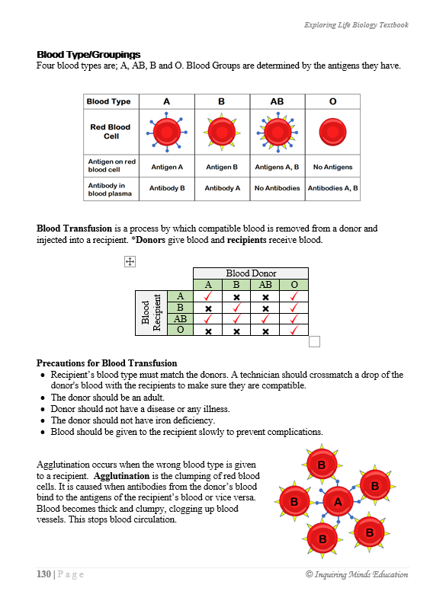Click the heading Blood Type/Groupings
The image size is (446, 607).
click(88, 55)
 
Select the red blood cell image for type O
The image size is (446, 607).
click(332, 133)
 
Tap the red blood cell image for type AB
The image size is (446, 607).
click(278, 133)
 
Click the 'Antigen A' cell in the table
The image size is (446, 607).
click(167, 167)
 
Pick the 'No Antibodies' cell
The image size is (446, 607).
click(278, 187)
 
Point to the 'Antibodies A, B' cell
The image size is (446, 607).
click(332, 187)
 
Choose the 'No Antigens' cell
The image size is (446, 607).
click(332, 167)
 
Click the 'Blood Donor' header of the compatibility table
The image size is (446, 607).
click(251, 273)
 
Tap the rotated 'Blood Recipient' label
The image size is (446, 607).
click(150, 312)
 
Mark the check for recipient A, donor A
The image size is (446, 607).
click(208, 296)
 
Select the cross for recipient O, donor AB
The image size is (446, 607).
click(265, 331)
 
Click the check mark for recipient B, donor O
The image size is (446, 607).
click(294, 308)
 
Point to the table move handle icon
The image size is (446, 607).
click(129, 261)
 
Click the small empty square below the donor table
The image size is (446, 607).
click(314, 342)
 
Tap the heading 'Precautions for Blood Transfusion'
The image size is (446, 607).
click(107, 363)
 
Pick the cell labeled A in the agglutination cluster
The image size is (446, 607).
click(337, 501)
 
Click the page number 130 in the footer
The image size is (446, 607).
click(43, 574)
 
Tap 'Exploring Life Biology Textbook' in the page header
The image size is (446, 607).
click(355, 25)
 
